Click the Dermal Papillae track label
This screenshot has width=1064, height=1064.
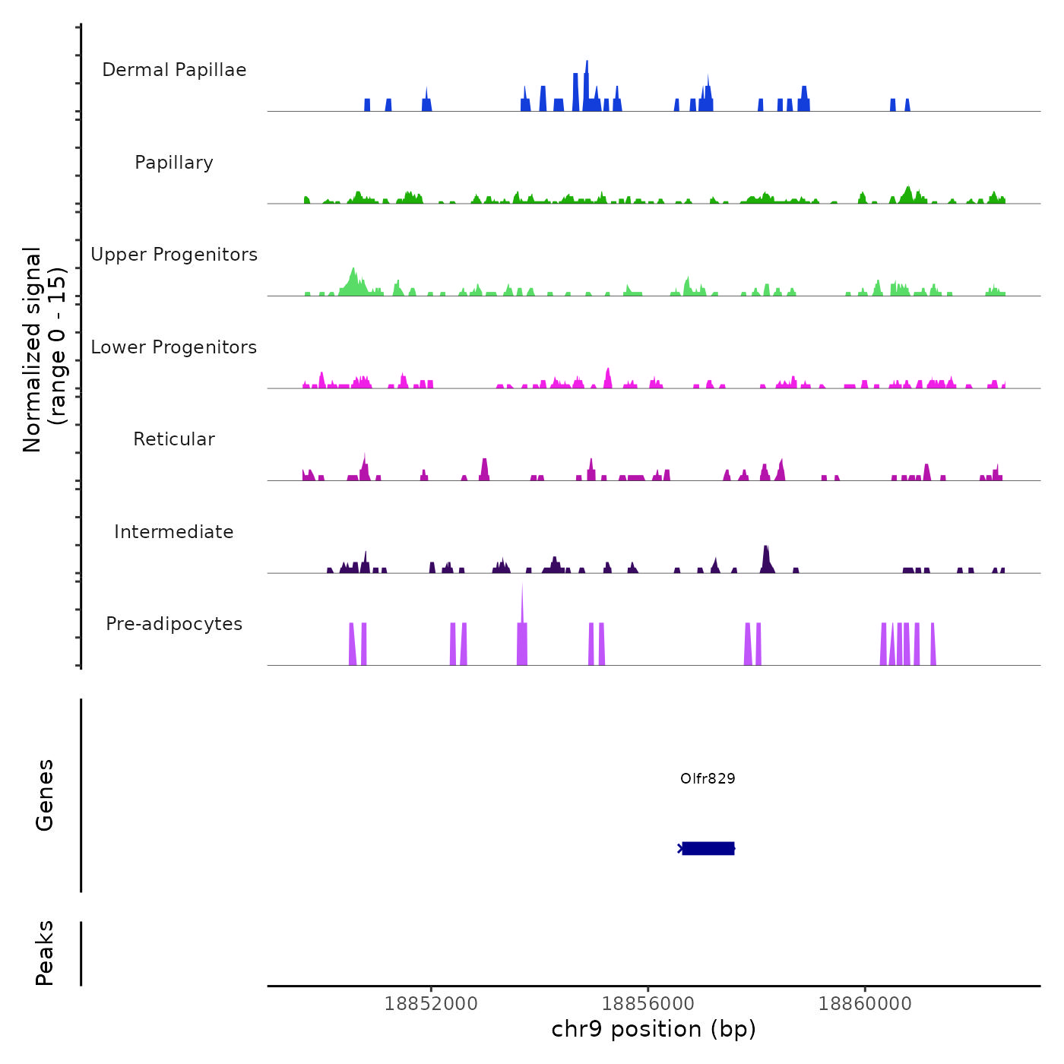(x=174, y=70)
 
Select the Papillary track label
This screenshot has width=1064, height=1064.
(x=174, y=163)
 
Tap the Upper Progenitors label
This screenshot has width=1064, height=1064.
(x=174, y=255)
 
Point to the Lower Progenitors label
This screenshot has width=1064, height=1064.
(x=174, y=347)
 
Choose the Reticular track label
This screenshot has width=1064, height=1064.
(x=174, y=439)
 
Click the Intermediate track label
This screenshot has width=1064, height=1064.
(x=174, y=532)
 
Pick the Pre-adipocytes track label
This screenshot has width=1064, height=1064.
(x=174, y=624)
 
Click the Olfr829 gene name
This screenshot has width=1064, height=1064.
(x=708, y=779)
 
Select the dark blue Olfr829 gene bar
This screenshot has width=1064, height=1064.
(x=708, y=848)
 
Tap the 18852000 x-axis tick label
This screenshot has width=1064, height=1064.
(x=431, y=1004)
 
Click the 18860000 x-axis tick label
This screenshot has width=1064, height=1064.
(x=865, y=1004)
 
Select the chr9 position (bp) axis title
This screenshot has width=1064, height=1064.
(x=654, y=1030)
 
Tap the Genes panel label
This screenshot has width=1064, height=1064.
(x=45, y=795)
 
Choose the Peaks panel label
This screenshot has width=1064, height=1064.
(x=45, y=953)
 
